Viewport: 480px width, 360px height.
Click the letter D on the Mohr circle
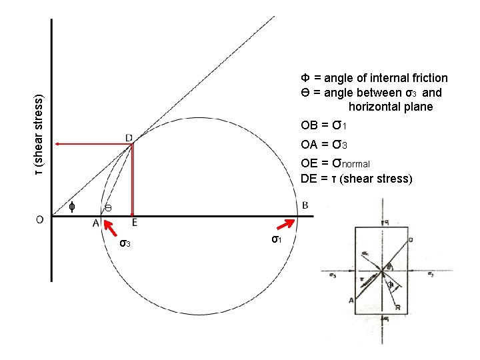129,137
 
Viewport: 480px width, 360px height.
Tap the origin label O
41,219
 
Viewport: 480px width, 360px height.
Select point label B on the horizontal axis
305,205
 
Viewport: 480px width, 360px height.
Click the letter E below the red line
135,223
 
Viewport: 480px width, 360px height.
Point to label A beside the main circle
96,223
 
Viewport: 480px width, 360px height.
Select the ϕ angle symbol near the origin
72,207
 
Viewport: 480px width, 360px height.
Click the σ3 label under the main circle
125,243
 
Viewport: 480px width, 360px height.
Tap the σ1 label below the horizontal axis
276,239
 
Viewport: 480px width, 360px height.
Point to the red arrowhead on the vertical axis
59,143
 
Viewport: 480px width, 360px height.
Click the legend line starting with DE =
357,179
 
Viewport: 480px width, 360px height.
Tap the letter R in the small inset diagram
398,309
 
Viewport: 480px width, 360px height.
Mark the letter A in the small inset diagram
351,301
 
